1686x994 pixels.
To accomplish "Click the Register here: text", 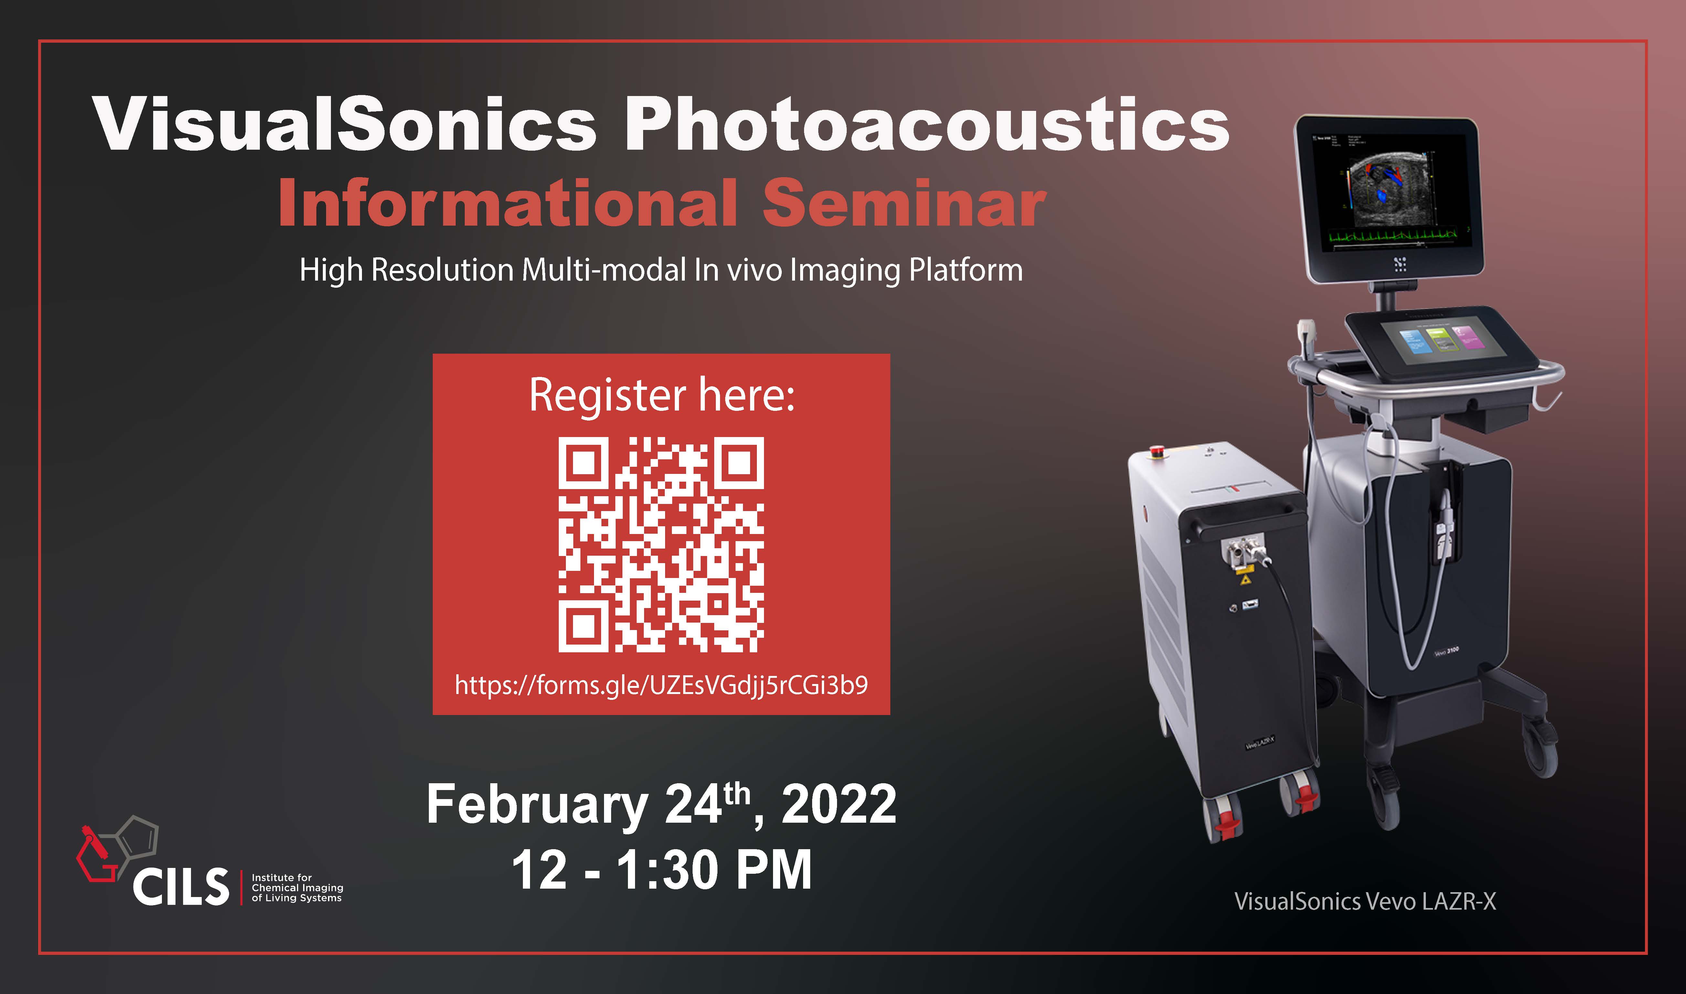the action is pyautogui.click(x=662, y=395).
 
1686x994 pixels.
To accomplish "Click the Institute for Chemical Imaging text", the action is pyautogui.click(x=297, y=888).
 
